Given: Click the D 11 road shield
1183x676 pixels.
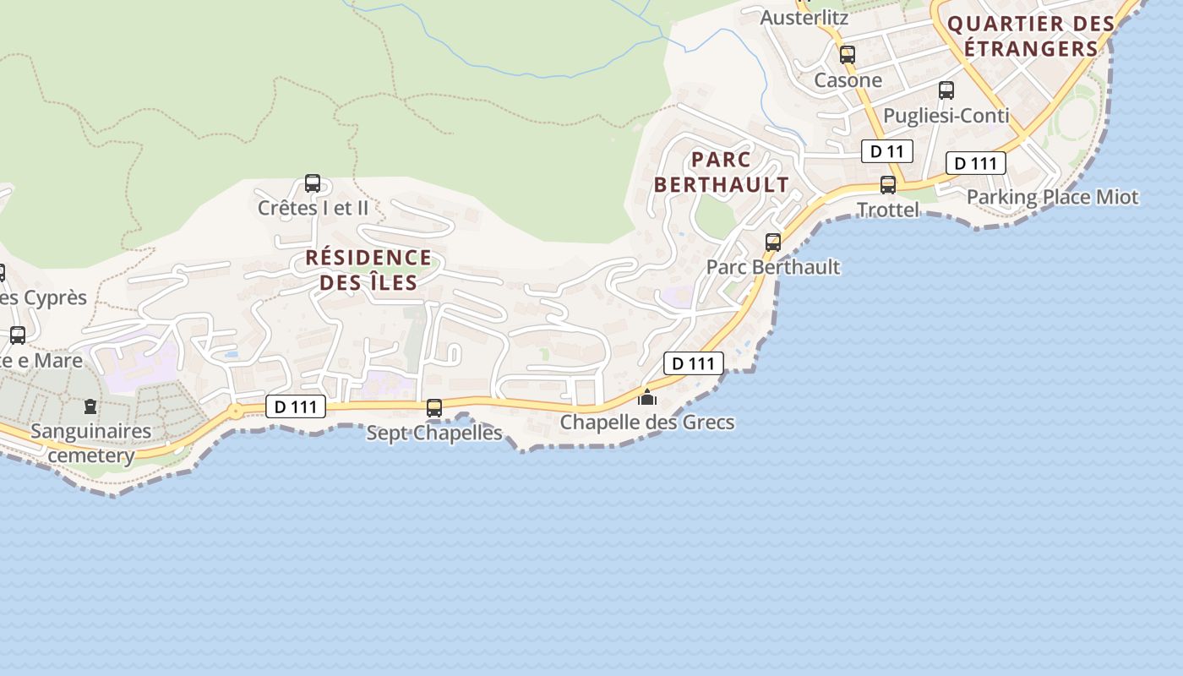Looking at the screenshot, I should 886,152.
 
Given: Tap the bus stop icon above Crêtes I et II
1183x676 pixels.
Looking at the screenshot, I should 313,183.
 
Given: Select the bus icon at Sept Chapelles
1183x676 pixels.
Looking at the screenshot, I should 434,408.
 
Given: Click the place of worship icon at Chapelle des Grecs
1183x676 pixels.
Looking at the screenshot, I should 647,396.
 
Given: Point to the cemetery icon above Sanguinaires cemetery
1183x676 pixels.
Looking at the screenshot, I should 90,406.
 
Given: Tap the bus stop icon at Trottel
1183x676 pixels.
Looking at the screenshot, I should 888,185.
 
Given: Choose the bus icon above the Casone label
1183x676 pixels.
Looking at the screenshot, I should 848,55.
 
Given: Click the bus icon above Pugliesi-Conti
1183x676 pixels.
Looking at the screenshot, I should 946,90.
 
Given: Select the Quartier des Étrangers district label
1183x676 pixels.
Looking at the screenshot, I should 1031,35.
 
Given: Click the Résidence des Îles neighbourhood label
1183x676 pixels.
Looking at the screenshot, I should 368,270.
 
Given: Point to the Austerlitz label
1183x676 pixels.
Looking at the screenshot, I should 804,17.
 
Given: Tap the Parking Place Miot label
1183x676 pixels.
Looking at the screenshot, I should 1052,198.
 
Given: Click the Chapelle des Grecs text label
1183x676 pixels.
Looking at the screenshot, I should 647,422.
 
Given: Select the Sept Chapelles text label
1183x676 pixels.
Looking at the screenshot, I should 434,433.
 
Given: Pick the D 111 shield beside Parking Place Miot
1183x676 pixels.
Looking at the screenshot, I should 975,164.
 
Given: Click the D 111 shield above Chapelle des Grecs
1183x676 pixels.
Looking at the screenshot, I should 694,364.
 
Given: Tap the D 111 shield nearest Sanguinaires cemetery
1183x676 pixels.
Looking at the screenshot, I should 296,407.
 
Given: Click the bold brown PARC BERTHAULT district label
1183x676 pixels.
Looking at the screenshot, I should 722,172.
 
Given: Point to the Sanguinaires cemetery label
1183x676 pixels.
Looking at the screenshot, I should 91,444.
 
